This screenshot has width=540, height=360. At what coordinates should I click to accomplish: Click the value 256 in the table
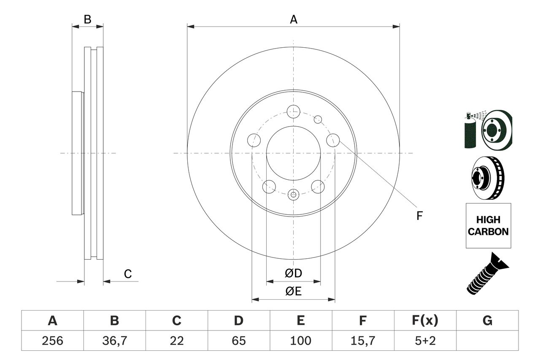[52, 341]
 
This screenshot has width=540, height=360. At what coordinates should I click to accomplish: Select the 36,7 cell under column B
[114, 341]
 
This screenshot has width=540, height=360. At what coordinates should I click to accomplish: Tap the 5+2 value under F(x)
[425, 341]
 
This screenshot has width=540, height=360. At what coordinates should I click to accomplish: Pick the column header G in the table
[487, 321]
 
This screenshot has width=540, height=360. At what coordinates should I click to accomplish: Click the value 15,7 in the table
[362, 341]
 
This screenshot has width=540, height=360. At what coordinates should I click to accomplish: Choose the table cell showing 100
[300, 341]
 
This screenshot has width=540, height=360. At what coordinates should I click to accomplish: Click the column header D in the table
[238, 321]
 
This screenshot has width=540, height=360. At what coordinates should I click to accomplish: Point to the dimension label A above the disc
[293, 19]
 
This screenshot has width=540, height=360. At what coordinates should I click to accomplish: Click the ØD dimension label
[293, 273]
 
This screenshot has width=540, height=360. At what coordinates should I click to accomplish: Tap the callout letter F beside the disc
[419, 216]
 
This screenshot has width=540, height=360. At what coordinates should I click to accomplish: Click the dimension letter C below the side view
[128, 274]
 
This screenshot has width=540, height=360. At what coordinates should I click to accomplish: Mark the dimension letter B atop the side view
[87, 19]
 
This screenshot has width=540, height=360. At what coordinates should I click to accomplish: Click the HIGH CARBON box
[488, 226]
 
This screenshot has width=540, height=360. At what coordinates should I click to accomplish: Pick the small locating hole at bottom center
[293, 195]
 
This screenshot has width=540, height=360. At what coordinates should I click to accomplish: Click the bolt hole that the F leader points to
[333, 140]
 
